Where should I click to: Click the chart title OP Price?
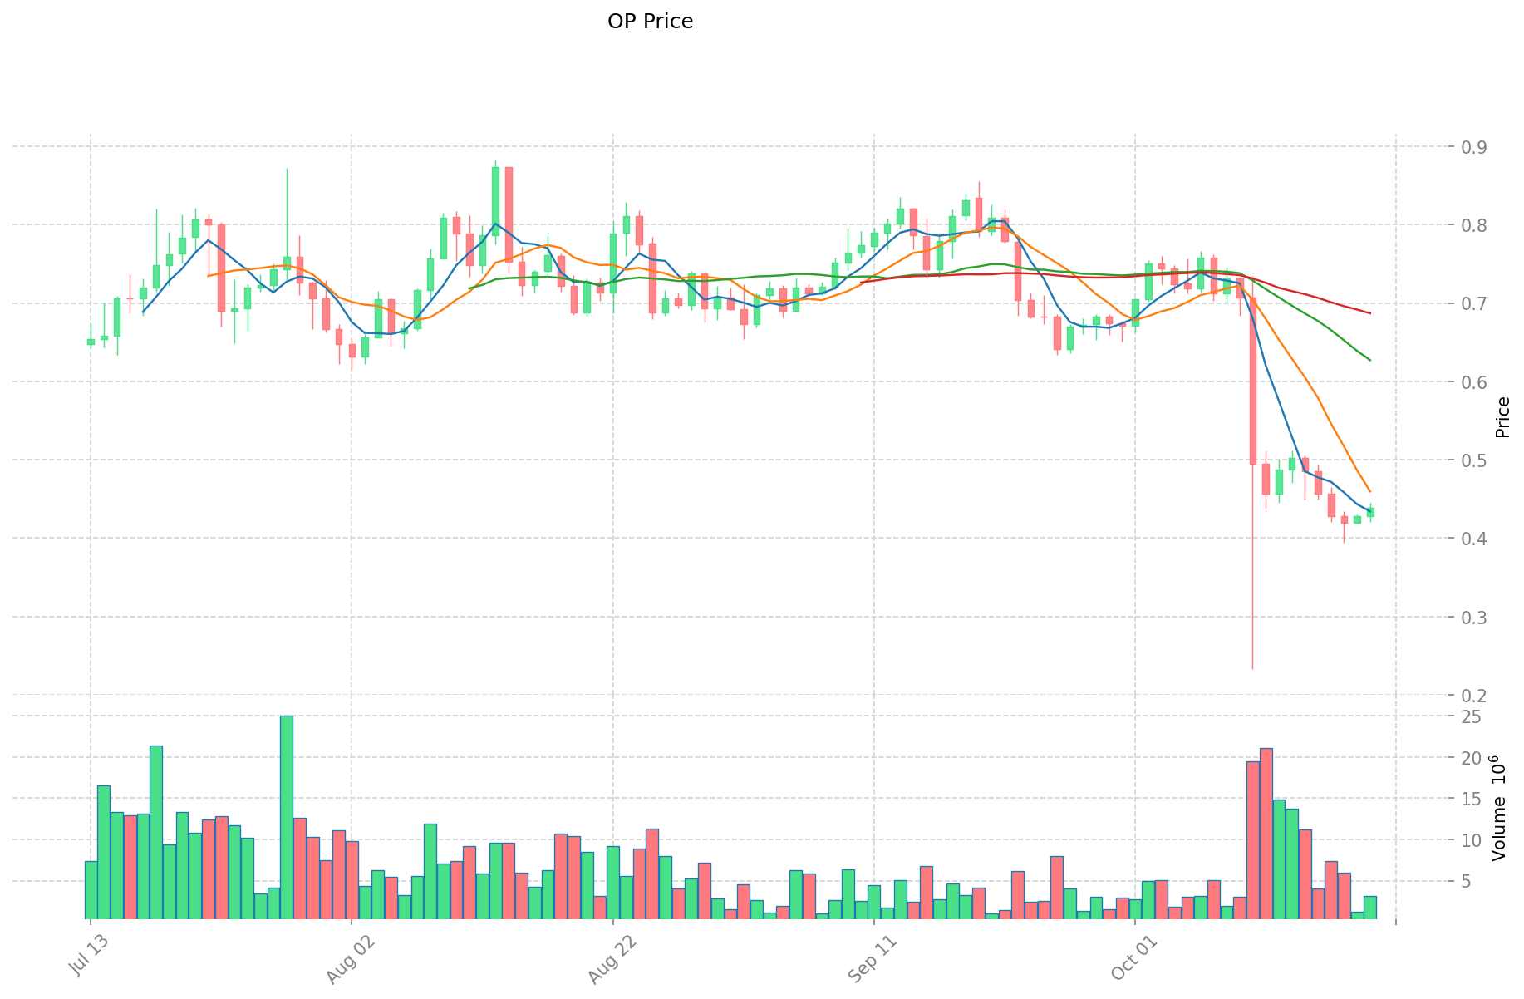[650, 22]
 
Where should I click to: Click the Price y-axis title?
[1502, 417]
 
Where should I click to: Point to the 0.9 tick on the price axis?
[1474, 147]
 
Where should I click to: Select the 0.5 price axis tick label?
[1474, 460]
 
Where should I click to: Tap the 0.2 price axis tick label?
[1474, 696]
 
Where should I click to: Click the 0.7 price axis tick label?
[1474, 303]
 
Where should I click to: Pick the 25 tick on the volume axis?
[1470, 716]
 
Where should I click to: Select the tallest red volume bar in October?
[1266, 834]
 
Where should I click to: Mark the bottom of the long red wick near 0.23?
[1252, 668]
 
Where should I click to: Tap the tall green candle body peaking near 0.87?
[495, 201]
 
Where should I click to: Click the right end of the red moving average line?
[1369, 313]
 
